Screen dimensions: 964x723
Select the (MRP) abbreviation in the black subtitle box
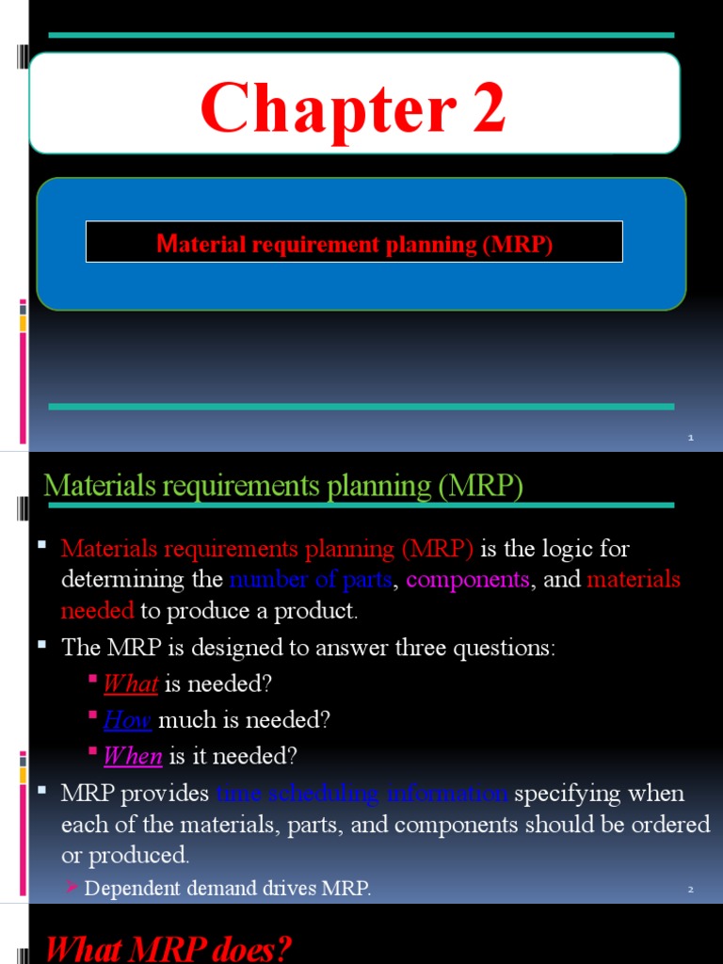pyautogui.click(x=518, y=245)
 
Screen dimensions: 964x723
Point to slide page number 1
pyautogui.click(x=690, y=438)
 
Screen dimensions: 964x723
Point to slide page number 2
pyautogui.click(x=690, y=889)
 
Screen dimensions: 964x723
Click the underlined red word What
pyautogui.click(x=130, y=683)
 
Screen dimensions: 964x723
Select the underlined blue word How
pyautogui.click(x=127, y=720)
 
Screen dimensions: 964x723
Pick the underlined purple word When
pyautogui.click(x=133, y=756)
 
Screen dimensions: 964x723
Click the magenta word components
pyautogui.click(x=468, y=579)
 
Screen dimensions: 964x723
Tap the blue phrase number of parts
pyautogui.click(x=310, y=579)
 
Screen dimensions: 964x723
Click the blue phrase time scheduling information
pyautogui.click(x=362, y=794)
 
